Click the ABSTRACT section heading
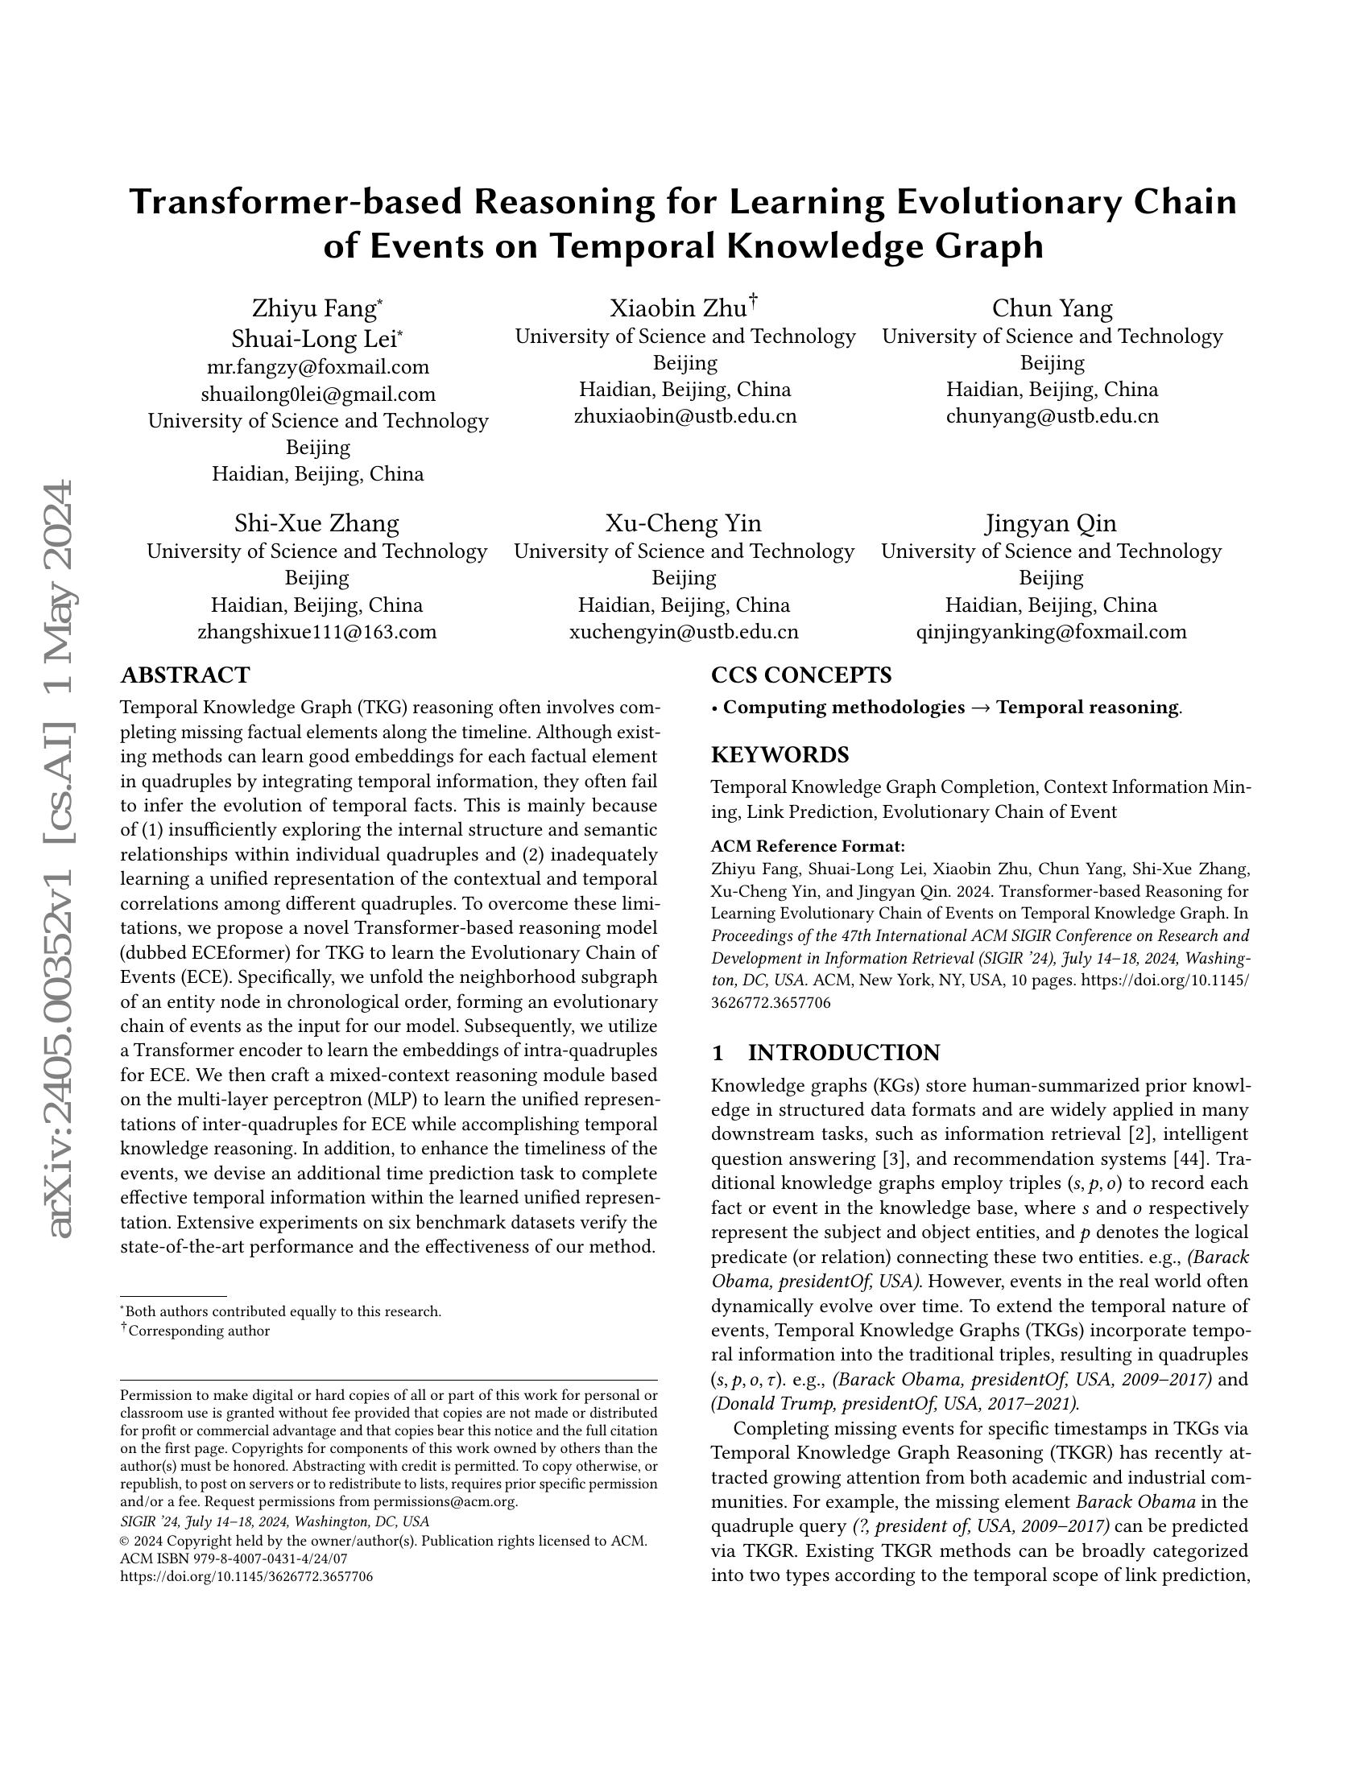tap(185, 675)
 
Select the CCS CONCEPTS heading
tap(801, 675)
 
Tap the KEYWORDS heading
tap(780, 755)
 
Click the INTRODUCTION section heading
tap(843, 1053)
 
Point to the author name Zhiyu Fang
tap(314, 309)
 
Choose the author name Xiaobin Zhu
tap(678, 309)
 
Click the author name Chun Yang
tap(1052, 309)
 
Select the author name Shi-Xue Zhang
tap(316, 524)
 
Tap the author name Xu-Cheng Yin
tap(683, 524)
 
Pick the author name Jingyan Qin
tap(1051, 524)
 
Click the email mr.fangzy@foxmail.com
tap(318, 367)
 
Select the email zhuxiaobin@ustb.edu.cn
tap(685, 417)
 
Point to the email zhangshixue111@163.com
tap(317, 633)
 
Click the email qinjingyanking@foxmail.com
tap(1051, 633)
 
